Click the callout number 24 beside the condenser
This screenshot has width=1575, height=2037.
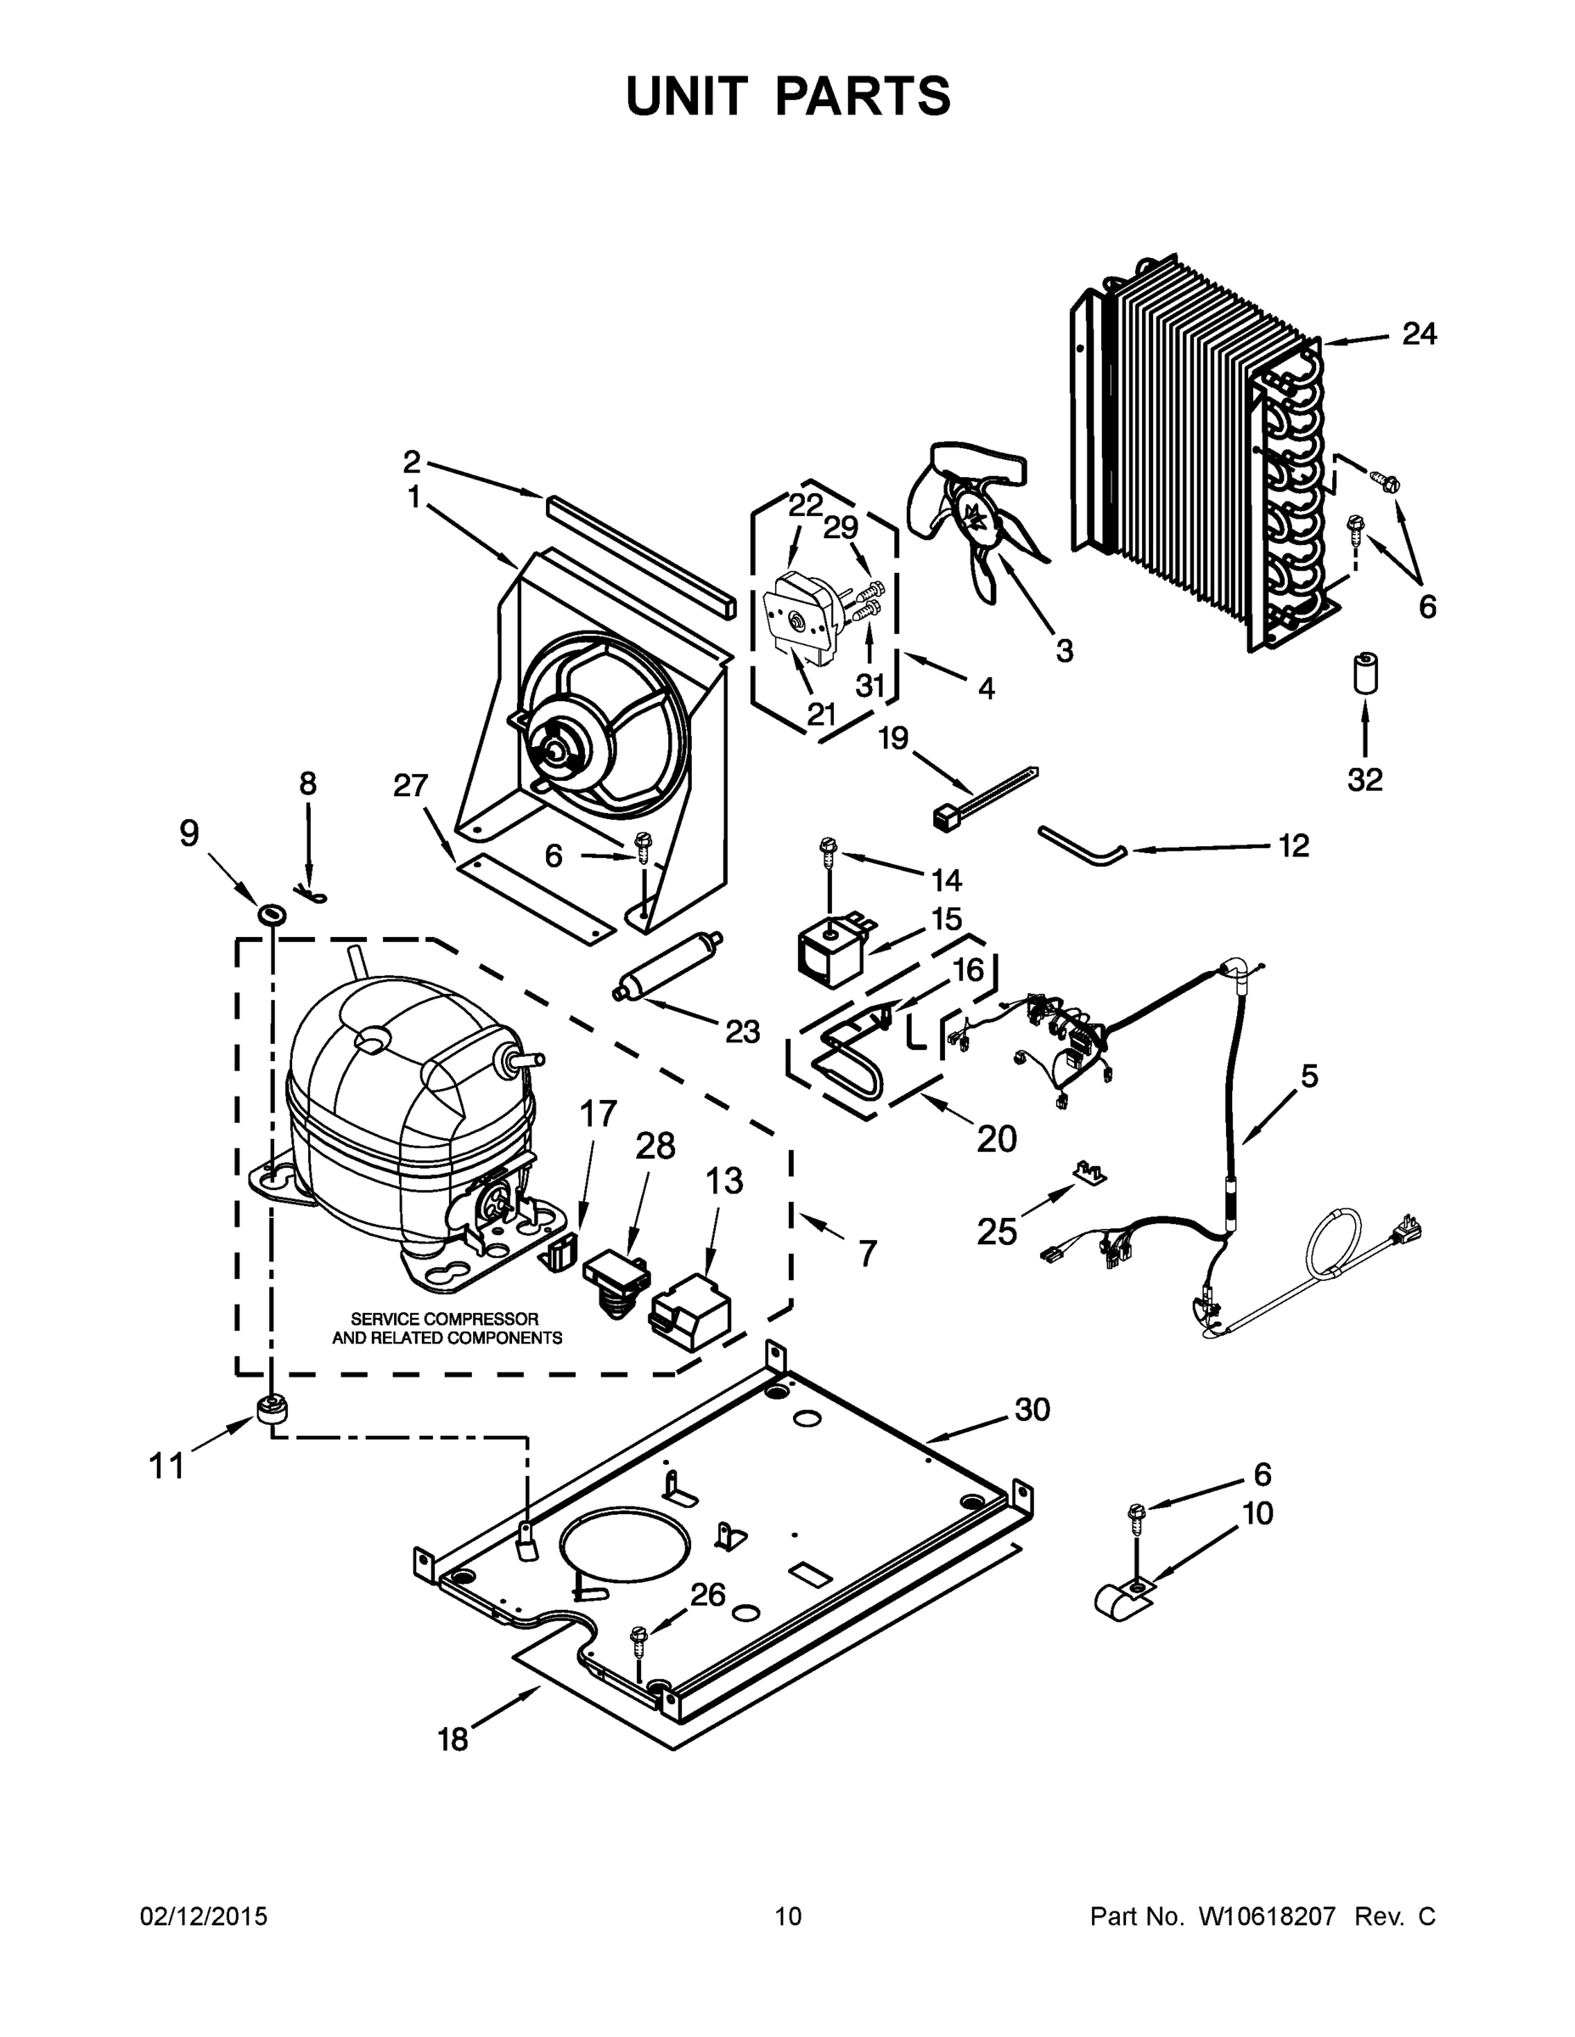coord(1419,334)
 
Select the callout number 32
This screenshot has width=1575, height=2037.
coord(1364,779)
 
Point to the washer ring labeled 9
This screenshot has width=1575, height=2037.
coord(271,912)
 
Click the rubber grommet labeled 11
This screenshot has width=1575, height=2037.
coord(270,1412)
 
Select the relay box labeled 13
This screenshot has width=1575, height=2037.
coord(691,1308)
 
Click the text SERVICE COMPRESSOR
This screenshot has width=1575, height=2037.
coord(444,1319)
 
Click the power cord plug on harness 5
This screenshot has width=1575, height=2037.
coord(1405,1234)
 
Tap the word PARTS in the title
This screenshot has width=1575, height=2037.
coord(863,96)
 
